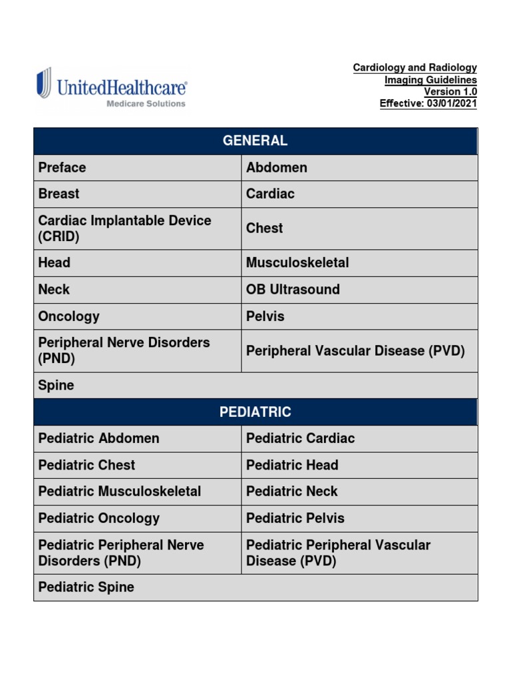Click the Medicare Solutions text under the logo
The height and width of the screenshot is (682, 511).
[x=146, y=104]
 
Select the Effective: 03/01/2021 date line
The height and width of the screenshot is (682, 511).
[x=428, y=103]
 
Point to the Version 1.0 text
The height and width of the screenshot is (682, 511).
[x=450, y=91]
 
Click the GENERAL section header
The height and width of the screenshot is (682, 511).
[x=255, y=141]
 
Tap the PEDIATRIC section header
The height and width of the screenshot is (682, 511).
[x=255, y=412]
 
